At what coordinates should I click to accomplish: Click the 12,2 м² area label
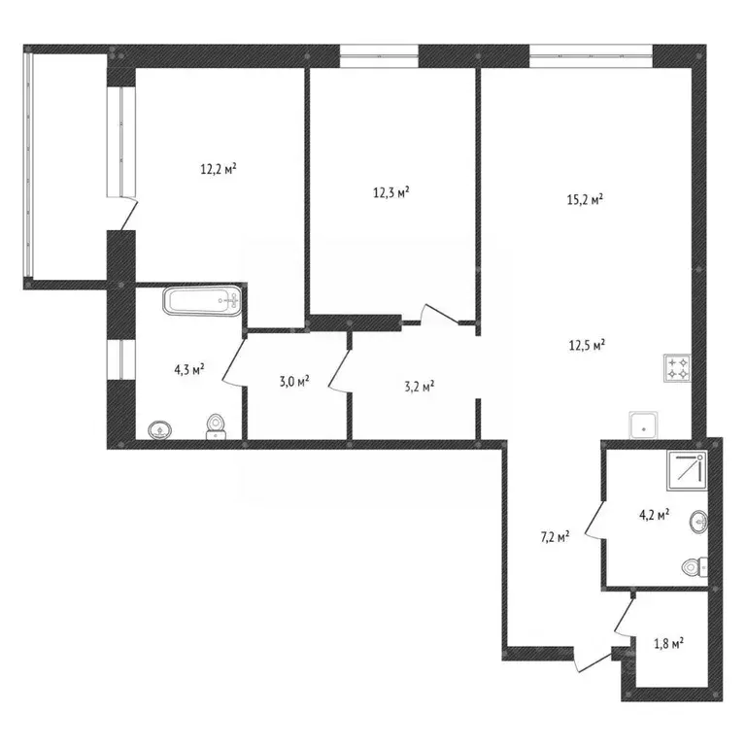pyautogui.click(x=219, y=169)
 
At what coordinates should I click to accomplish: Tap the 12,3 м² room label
pyautogui.click(x=391, y=192)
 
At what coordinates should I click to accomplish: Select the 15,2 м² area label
pyautogui.click(x=585, y=199)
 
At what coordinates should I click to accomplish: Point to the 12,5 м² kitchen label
pyautogui.click(x=587, y=345)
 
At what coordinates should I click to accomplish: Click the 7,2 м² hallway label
pyautogui.click(x=556, y=537)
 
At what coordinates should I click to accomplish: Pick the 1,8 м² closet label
pyautogui.click(x=669, y=644)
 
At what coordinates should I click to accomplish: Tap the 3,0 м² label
pyautogui.click(x=294, y=382)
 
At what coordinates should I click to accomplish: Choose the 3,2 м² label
pyautogui.click(x=420, y=387)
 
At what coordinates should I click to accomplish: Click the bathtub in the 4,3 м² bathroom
pyautogui.click(x=203, y=301)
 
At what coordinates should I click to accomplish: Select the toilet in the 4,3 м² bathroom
pyautogui.click(x=216, y=426)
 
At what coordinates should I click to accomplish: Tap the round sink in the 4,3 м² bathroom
pyautogui.click(x=160, y=430)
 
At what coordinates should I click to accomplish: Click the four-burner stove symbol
pyautogui.click(x=677, y=368)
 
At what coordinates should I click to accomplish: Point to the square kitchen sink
pyautogui.click(x=644, y=424)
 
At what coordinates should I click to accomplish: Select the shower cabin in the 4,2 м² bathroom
pyautogui.click(x=688, y=471)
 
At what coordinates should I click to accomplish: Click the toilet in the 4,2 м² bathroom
pyautogui.click(x=695, y=567)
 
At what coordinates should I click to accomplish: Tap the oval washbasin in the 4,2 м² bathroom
pyautogui.click(x=698, y=522)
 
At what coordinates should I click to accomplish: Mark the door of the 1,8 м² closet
pyautogui.click(x=626, y=617)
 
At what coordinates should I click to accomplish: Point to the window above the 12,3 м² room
pyautogui.click(x=379, y=56)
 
